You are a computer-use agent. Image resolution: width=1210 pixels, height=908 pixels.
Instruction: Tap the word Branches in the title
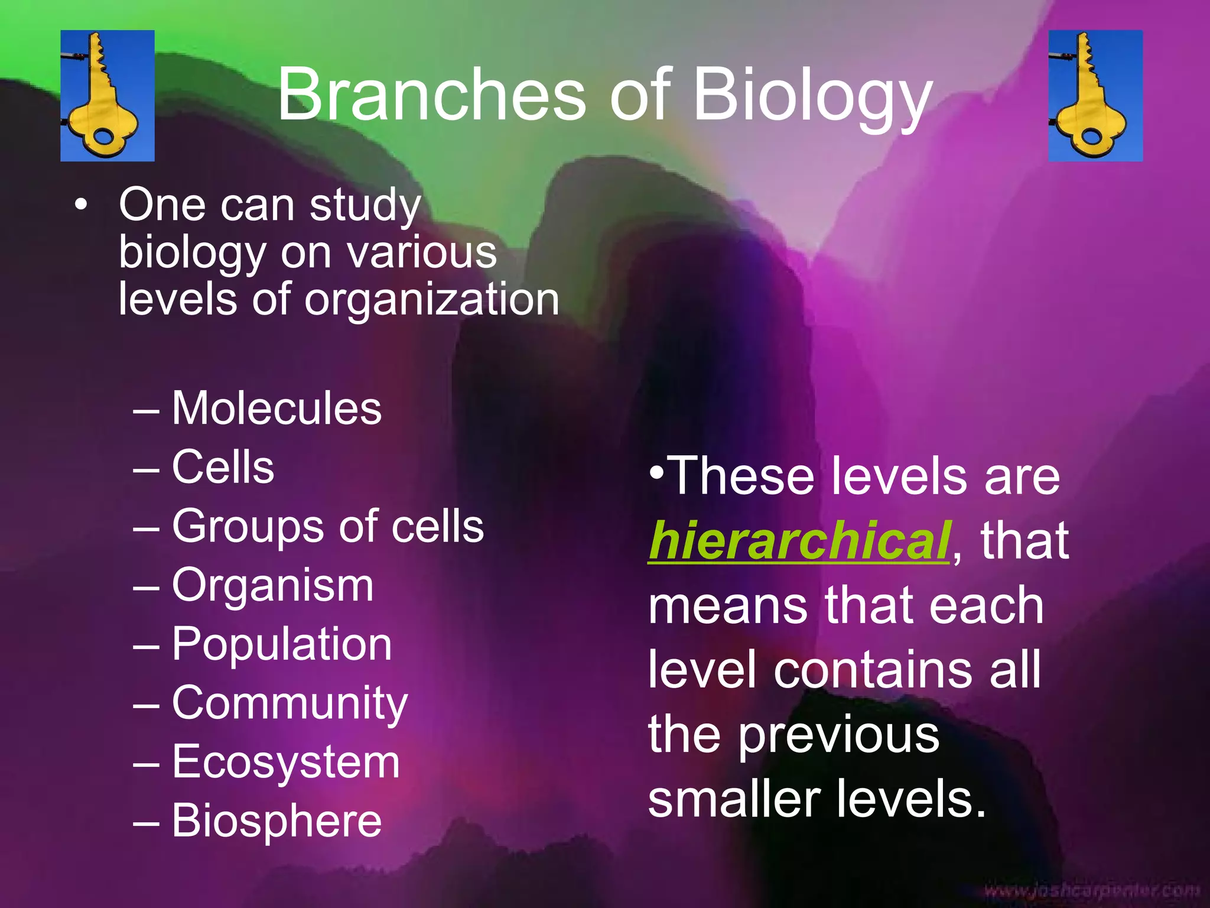click(x=431, y=95)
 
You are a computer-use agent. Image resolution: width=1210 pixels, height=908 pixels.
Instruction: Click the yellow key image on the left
click(x=108, y=96)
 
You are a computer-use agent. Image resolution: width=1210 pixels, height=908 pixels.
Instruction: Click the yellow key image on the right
click(x=1095, y=96)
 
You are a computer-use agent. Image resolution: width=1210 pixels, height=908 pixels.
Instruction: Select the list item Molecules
click(x=277, y=408)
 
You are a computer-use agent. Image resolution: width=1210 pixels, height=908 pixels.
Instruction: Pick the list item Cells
click(x=223, y=467)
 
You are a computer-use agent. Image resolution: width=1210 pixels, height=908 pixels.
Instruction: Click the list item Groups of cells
click(x=328, y=526)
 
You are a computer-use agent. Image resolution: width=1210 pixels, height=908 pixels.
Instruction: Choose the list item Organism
click(x=272, y=585)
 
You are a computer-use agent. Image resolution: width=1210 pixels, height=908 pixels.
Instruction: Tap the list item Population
click(x=282, y=644)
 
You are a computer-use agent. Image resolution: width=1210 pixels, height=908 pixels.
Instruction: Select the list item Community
click(x=290, y=703)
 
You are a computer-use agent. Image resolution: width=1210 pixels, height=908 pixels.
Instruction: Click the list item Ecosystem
click(x=286, y=762)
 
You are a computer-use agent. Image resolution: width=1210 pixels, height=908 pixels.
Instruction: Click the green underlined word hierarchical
click(x=799, y=541)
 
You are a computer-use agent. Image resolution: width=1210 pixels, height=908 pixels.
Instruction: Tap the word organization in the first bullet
click(x=431, y=300)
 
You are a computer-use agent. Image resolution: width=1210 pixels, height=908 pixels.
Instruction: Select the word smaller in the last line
click(x=734, y=799)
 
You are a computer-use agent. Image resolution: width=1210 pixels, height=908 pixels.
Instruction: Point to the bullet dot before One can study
click(x=81, y=206)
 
